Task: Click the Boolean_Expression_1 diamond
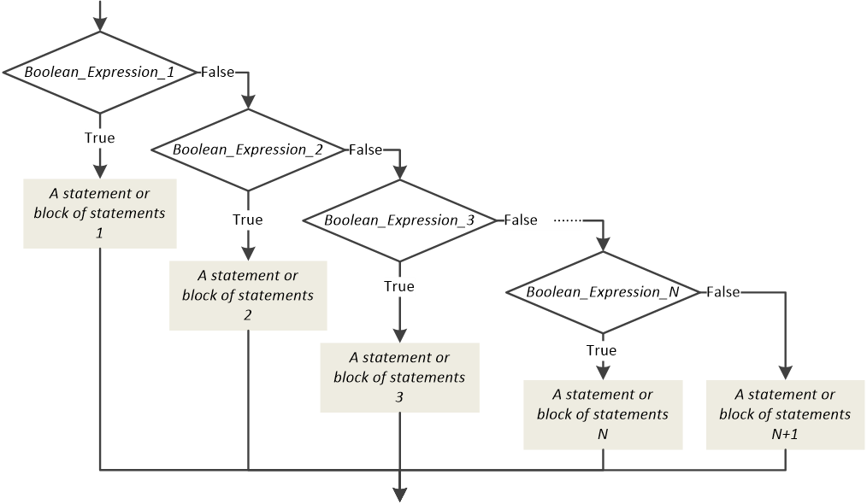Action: [x=100, y=73]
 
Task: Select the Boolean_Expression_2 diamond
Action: [x=248, y=149]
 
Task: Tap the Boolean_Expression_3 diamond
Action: [x=399, y=220]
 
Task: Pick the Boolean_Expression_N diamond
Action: [x=603, y=292]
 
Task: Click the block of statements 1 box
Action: [x=100, y=214]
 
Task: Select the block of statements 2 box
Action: [x=248, y=296]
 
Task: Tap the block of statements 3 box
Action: [x=399, y=378]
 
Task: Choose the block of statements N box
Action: [x=603, y=414]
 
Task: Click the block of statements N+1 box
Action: [x=785, y=414]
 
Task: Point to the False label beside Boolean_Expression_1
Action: [x=217, y=73]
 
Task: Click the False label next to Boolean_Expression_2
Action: [x=365, y=149]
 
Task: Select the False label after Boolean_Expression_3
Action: [x=520, y=220]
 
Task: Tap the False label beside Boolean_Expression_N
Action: [x=722, y=292]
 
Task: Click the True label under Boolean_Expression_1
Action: [x=100, y=138]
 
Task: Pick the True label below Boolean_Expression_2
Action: [x=248, y=220]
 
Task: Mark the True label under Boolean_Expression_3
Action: [x=399, y=286]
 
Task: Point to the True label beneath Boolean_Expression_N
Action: [x=602, y=350]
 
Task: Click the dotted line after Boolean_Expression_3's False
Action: [x=568, y=220]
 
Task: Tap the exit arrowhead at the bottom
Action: [x=399, y=493]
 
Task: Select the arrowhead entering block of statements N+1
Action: [x=785, y=372]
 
